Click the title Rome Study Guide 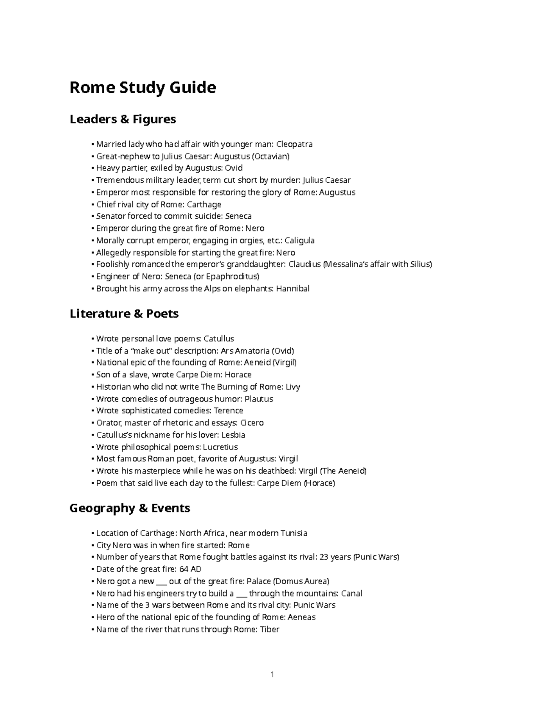click(x=142, y=87)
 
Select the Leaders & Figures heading click(x=122, y=120)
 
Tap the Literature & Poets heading click(x=124, y=314)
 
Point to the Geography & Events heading click(x=130, y=508)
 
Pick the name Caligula click(x=299, y=240)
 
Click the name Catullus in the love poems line click(x=218, y=339)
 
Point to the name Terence click(x=228, y=411)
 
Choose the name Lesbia click(x=233, y=435)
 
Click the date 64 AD click(x=190, y=569)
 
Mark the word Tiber click(x=269, y=630)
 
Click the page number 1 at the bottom click(x=272, y=675)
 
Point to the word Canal click(x=352, y=593)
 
